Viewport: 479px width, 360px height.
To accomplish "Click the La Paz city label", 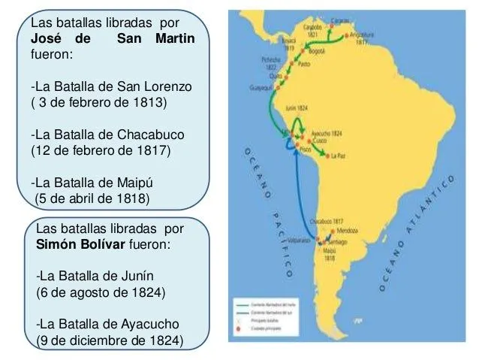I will click(339, 156).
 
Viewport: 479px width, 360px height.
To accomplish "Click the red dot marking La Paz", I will click(325, 156).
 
